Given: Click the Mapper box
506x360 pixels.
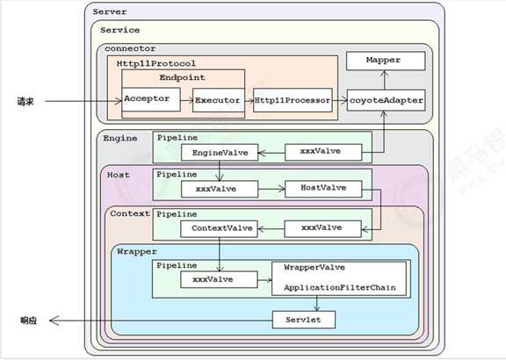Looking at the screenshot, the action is [386, 61].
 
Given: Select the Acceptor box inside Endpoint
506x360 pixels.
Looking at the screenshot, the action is [151, 99].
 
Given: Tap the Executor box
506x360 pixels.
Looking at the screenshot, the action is [218, 100].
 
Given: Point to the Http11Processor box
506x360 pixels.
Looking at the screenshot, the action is [293, 100].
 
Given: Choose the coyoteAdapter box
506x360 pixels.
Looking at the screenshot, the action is [386, 100].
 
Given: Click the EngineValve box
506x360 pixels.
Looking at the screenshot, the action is [220, 153].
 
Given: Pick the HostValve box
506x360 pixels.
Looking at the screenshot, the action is [323, 189].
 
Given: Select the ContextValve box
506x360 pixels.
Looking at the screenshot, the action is [219, 228].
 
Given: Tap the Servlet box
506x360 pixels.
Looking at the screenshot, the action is [304, 320].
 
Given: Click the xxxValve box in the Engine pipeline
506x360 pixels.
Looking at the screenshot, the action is [323, 152].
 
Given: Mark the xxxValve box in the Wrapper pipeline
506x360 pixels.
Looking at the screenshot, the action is [219, 279].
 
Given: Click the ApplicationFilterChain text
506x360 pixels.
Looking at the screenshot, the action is [340, 288].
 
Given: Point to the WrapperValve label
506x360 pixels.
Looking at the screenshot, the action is [314, 268].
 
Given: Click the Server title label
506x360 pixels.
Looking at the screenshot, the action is [110, 12].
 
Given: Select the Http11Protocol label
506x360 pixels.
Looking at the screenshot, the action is [155, 63].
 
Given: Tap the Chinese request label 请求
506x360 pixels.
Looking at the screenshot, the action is [25, 102].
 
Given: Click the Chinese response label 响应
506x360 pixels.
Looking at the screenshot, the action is [28, 320].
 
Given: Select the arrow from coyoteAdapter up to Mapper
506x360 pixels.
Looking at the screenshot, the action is [384, 80].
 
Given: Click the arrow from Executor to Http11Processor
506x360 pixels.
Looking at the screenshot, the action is [249, 101].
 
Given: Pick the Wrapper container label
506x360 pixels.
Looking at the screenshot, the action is [136, 252].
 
